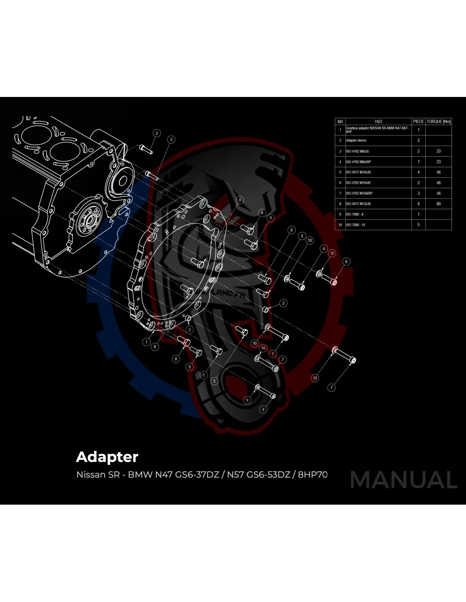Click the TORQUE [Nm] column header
point(438,122)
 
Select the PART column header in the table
point(378,122)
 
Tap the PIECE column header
point(418,122)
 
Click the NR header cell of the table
point(340,122)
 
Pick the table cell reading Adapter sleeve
point(356,141)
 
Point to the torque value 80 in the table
point(438,204)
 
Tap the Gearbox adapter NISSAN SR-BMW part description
point(377,130)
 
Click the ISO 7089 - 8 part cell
point(354,214)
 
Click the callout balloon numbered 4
point(264,409)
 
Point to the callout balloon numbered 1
point(147,342)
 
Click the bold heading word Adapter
point(107,457)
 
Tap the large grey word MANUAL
point(404,480)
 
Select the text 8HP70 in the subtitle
point(313,474)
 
